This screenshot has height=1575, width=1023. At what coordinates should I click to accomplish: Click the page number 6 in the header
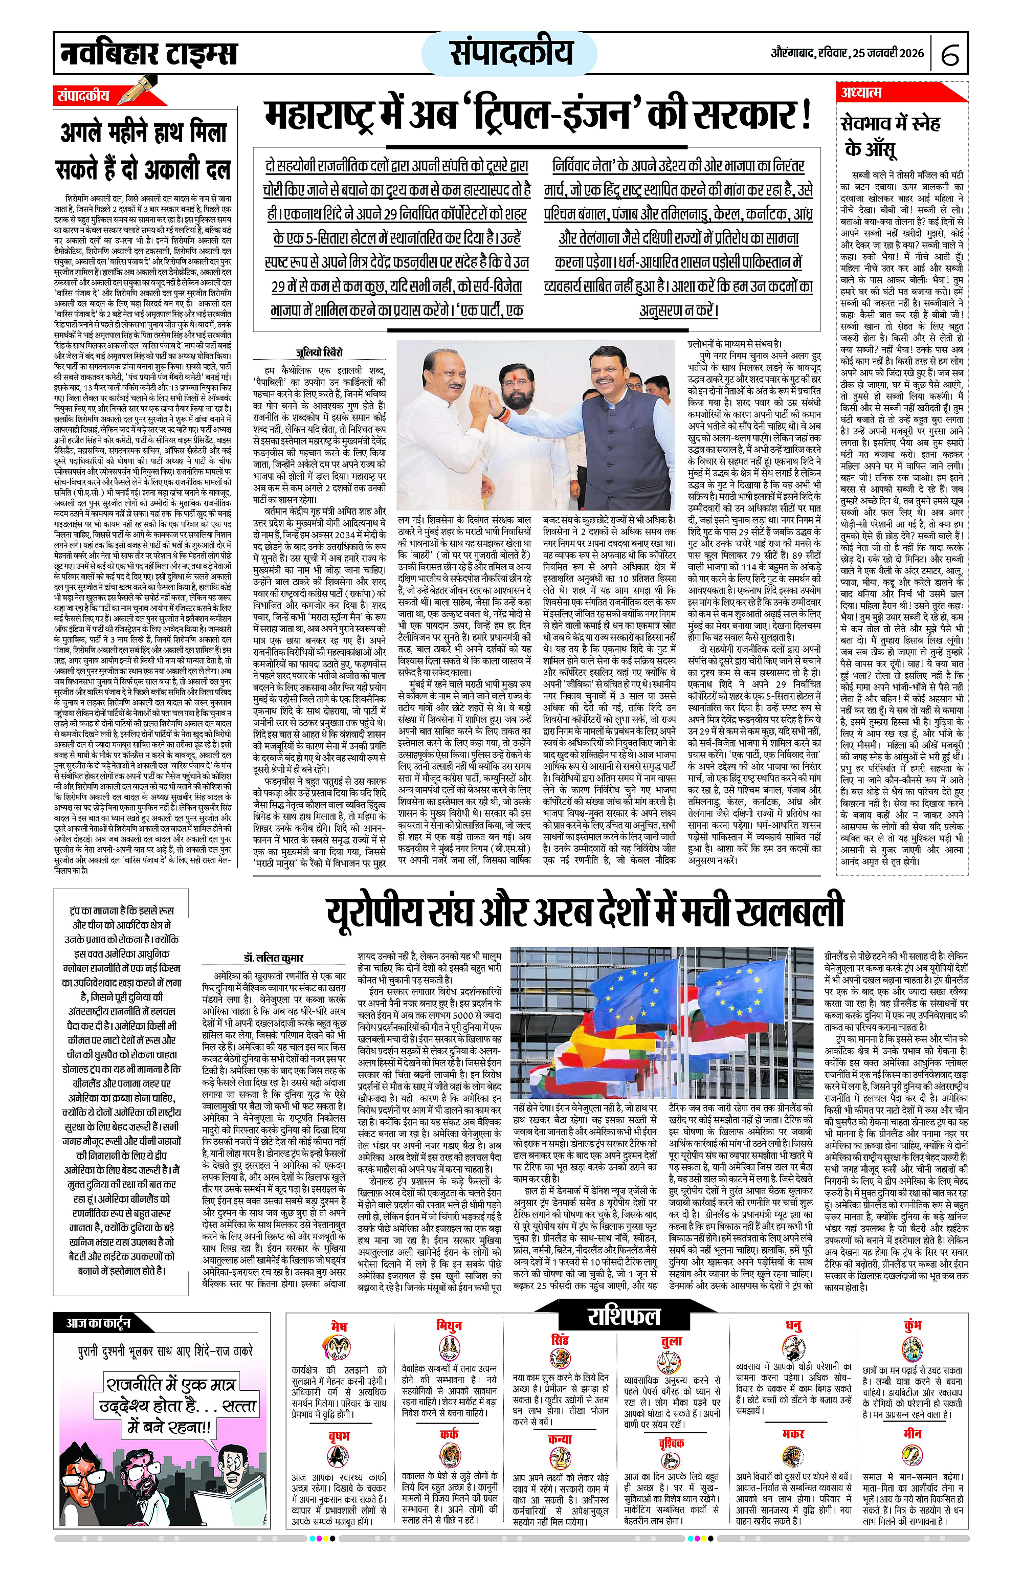(x=950, y=55)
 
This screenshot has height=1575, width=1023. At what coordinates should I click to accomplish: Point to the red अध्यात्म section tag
(x=861, y=93)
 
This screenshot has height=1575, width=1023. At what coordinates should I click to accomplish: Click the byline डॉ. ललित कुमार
(x=281, y=958)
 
